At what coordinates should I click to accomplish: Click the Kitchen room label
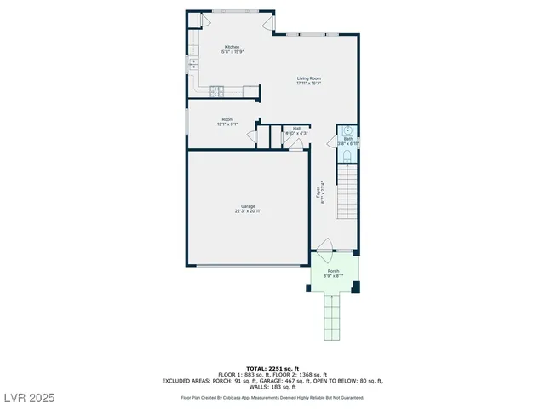pyautogui.click(x=232, y=47)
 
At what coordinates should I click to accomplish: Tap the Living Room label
pyautogui.click(x=308, y=78)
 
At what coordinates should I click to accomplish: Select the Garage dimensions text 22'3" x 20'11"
pyautogui.click(x=248, y=210)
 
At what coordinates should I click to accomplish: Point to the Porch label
pyautogui.click(x=333, y=271)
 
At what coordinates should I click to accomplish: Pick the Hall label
pyautogui.click(x=295, y=128)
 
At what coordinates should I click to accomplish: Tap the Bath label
pyautogui.click(x=347, y=139)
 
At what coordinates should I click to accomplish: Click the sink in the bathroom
pyautogui.click(x=347, y=130)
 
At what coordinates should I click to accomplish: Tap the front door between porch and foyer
pyautogui.click(x=325, y=253)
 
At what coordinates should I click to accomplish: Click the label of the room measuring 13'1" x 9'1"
pyautogui.click(x=227, y=119)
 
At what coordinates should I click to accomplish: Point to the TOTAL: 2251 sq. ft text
pyautogui.click(x=272, y=367)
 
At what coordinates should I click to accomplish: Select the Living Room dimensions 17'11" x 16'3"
pyautogui.click(x=308, y=84)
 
